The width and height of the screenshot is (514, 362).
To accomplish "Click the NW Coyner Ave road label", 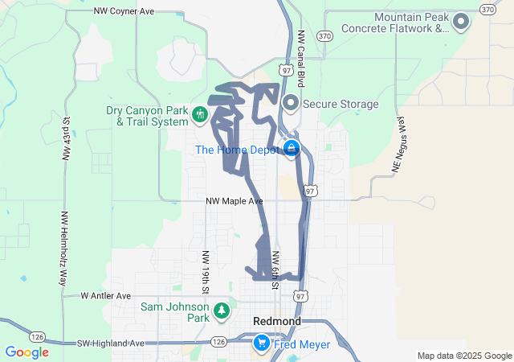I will point(124,11).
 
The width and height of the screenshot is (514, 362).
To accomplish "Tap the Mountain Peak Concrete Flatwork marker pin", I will point(461,23).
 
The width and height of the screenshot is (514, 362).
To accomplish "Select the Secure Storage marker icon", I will point(291,102).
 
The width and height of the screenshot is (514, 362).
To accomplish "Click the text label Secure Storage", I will point(341,104).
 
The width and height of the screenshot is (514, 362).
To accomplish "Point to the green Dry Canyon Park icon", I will point(199,117).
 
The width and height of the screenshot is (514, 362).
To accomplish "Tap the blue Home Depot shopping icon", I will point(291,148).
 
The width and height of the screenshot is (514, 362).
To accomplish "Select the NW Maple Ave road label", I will point(234,200).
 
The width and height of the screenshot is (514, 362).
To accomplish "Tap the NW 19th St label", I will point(206,271).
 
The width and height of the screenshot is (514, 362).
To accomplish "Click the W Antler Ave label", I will point(105,296).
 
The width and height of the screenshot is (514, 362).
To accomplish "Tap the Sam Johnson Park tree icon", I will point(222,310).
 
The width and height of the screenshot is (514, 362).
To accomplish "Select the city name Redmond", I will point(277,321).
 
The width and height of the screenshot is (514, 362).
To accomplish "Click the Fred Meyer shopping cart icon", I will point(261,343).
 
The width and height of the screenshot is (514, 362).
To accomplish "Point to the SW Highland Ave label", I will point(111,343).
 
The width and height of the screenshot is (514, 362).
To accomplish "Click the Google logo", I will point(27,352).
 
